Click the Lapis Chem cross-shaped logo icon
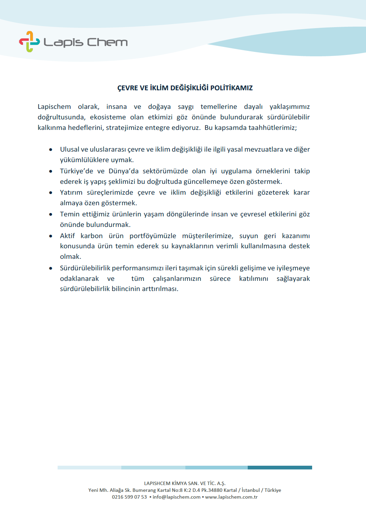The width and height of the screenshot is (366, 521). (29, 42)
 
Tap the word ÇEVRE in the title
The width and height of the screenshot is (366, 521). (128, 88)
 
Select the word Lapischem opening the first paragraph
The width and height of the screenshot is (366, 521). (54, 107)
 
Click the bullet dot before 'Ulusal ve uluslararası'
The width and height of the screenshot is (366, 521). (51, 150)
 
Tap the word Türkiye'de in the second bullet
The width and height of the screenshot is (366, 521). (76, 171)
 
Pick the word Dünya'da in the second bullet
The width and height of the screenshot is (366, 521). (123, 171)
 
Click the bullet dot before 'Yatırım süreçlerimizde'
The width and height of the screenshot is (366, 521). (51, 193)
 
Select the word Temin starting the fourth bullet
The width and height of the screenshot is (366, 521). (69, 214)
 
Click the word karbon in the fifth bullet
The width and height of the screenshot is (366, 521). (91, 236)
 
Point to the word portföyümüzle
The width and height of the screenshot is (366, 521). (152, 236)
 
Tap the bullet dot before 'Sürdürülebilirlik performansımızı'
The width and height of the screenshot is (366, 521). (51, 268)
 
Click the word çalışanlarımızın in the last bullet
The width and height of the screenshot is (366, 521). (177, 278)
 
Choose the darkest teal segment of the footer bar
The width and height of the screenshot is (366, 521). (280, 467)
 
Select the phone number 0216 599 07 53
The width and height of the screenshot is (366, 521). (129, 497)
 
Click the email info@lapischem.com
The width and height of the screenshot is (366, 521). (177, 497)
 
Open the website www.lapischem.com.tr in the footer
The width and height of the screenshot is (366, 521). (231, 497)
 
